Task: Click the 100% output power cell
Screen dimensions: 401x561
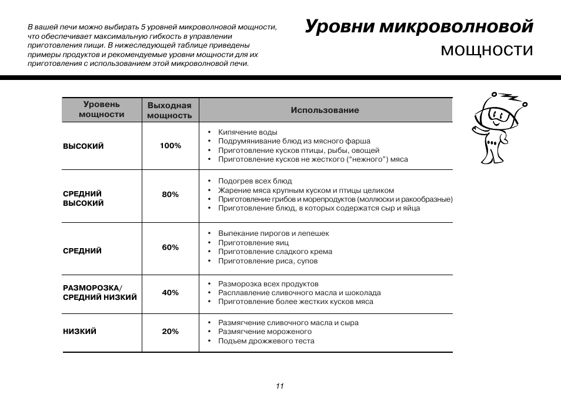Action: point(171,146)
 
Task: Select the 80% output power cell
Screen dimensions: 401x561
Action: point(171,195)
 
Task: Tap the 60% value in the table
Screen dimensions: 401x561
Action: point(171,248)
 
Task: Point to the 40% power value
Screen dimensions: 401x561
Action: point(171,292)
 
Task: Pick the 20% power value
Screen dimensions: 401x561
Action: point(171,332)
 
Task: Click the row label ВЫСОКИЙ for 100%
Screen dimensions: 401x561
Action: point(84,146)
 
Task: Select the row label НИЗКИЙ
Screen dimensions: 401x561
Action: point(80,332)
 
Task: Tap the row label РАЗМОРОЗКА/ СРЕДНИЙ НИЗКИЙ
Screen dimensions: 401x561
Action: point(100,292)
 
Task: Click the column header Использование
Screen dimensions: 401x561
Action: point(325,111)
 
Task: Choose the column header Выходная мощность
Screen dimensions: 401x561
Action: point(169,111)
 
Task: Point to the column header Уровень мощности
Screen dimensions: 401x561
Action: point(102,109)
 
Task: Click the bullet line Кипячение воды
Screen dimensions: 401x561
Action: point(248,132)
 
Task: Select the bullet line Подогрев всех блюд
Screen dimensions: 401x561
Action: point(255,181)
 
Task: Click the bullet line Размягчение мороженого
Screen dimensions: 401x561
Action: point(265,332)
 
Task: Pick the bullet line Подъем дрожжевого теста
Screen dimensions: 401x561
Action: point(266,341)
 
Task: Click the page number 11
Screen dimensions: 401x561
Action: point(280,386)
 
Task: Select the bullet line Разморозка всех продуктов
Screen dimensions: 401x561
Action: point(268,284)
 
